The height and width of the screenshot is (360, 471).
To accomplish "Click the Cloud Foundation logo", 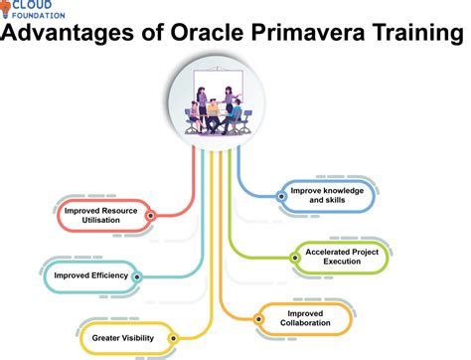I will [x=41, y=10].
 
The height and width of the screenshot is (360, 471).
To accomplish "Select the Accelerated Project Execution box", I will [x=346, y=258].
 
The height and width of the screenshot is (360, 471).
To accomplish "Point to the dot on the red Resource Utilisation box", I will [x=150, y=215].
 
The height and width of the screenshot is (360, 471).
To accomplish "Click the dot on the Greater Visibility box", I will [x=174, y=338].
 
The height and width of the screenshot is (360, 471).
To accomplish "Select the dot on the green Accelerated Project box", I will [x=296, y=258].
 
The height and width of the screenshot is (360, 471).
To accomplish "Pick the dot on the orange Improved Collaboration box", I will [x=259, y=319].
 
